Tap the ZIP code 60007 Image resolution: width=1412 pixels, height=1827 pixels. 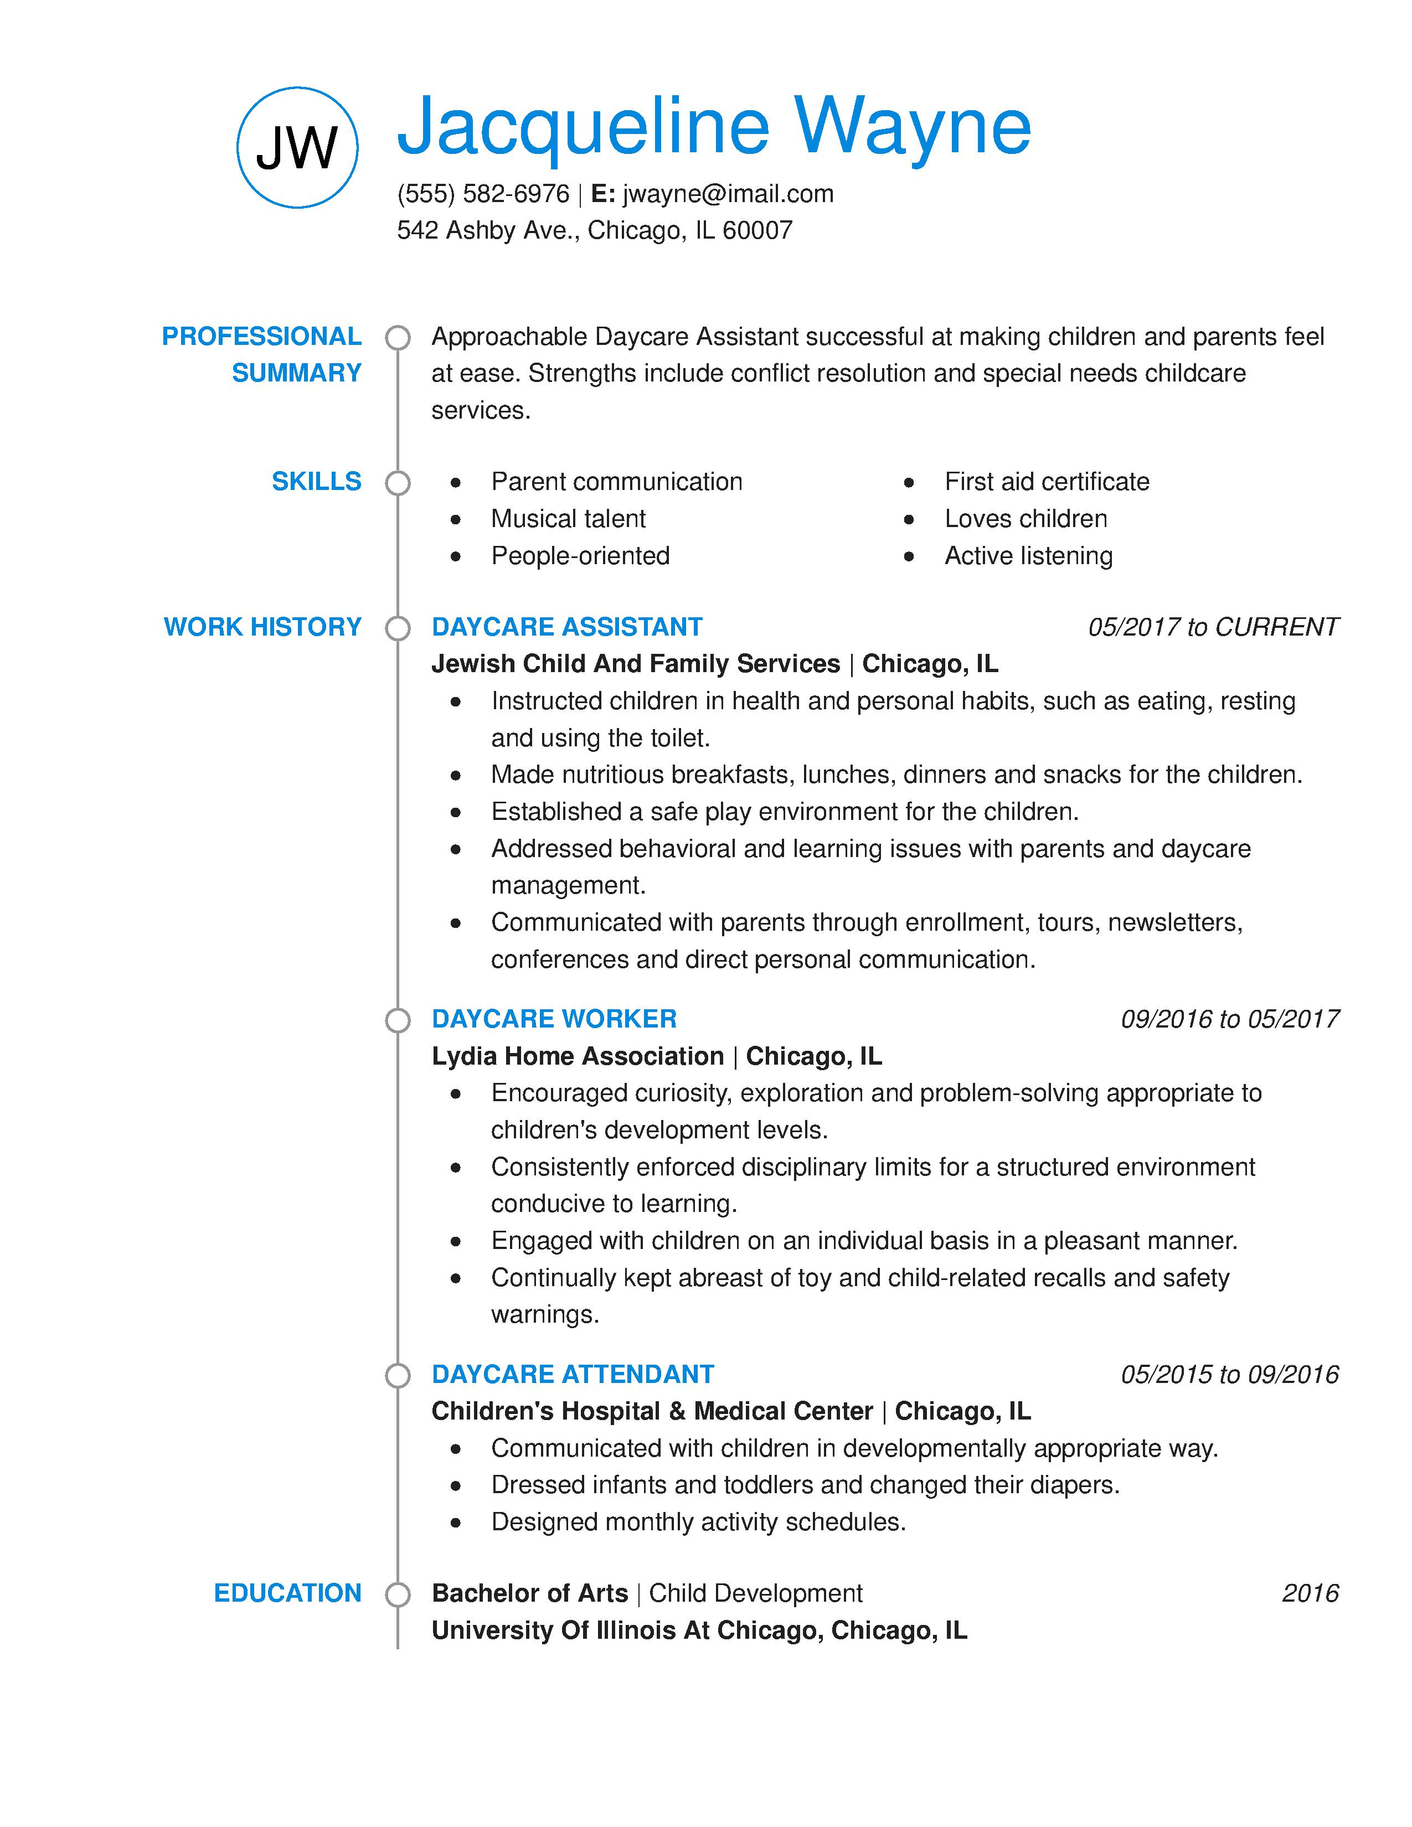[757, 230]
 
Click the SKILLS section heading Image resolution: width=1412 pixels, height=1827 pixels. [316, 481]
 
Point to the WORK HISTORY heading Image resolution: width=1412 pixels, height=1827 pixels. [262, 627]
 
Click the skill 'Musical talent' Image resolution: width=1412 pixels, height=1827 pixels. [568, 519]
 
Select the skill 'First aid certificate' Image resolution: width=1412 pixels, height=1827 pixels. [1047, 482]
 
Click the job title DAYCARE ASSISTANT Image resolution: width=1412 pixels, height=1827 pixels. [566, 627]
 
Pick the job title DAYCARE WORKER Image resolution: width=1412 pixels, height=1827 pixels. [554, 1019]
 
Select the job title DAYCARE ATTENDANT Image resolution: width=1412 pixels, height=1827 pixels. [572, 1375]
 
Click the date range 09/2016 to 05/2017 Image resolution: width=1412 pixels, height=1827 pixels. [1229, 1019]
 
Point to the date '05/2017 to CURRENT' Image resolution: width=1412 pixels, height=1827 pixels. [1212, 627]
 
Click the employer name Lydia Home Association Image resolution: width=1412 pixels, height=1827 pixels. [577, 1056]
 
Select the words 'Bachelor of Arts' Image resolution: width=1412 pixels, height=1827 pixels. [529, 1593]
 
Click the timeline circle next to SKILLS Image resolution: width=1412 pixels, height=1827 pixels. [398, 483]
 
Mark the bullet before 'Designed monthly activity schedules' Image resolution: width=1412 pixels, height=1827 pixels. [455, 1522]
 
